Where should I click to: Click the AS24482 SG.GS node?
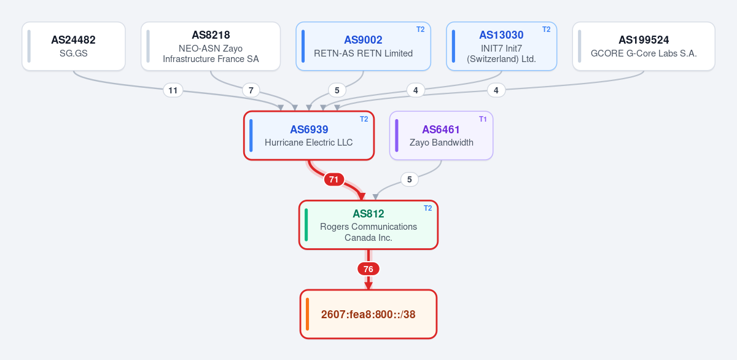click(74, 46)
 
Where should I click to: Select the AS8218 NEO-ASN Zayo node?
click(211, 46)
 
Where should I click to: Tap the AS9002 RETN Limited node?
click(363, 46)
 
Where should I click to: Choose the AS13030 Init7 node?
click(501, 46)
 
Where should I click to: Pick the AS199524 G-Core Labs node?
click(644, 46)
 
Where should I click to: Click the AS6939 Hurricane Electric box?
click(309, 136)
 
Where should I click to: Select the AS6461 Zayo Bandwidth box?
click(441, 136)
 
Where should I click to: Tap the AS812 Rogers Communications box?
click(368, 225)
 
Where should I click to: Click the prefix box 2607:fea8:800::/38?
click(368, 315)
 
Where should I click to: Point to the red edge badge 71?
click(334, 179)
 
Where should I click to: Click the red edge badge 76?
click(368, 269)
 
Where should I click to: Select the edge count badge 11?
click(173, 90)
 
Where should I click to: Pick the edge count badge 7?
click(251, 90)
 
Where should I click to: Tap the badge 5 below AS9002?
click(337, 90)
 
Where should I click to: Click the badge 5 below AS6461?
click(410, 179)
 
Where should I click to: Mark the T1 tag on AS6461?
click(483, 119)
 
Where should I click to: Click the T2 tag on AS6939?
click(364, 119)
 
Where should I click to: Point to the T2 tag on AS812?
click(427, 208)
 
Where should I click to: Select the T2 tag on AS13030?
click(546, 29)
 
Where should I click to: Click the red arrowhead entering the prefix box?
click(368, 286)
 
